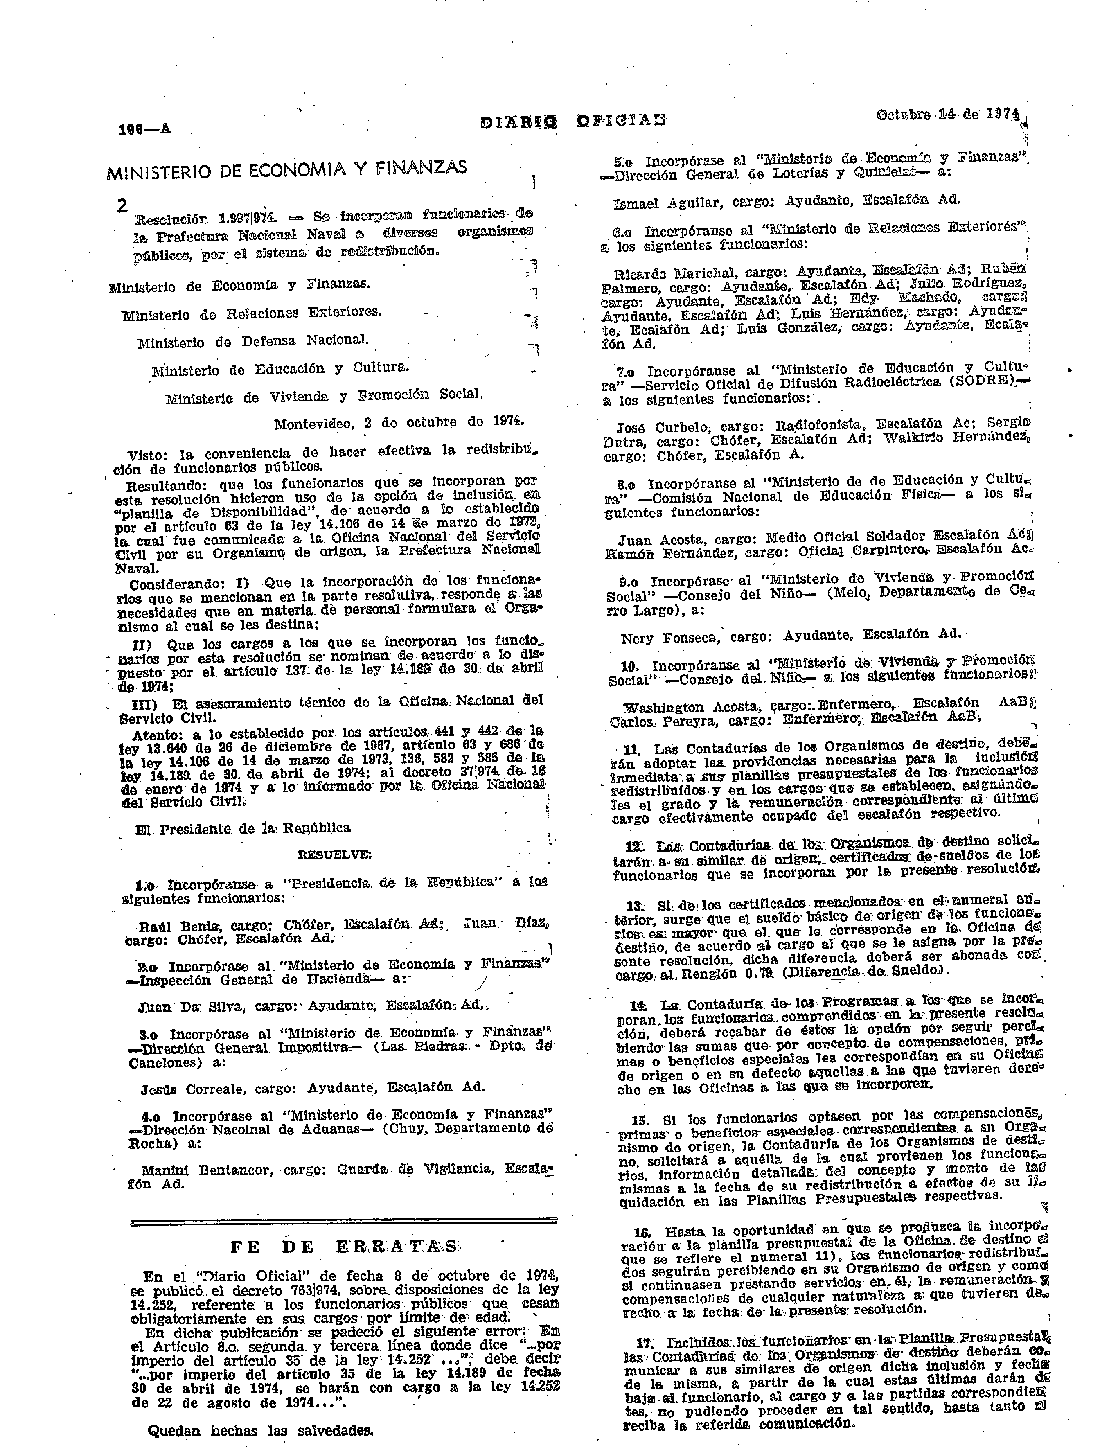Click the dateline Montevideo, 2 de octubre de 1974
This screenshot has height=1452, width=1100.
398,424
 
